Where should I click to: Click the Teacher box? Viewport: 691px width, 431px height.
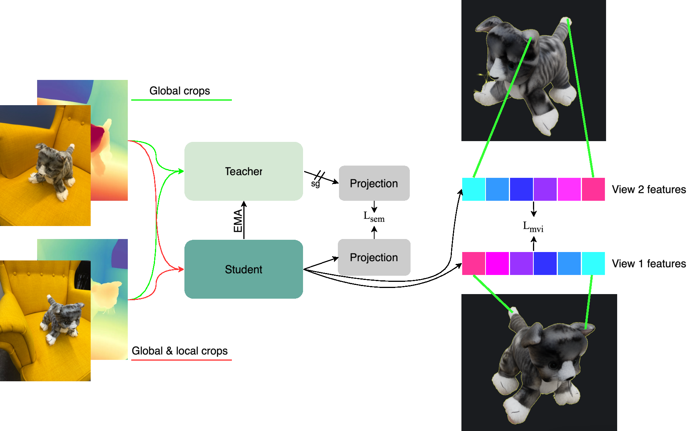pos(244,171)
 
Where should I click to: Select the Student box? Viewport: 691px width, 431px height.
pos(244,269)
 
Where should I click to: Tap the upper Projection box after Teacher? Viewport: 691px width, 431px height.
pos(374,183)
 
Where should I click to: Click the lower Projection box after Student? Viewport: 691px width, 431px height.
pos(374,257)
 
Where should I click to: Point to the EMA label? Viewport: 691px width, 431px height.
pos(238,221)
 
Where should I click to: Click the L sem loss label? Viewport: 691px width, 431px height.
pos(374,217)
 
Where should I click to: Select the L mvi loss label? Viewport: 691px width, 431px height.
pos(533,227)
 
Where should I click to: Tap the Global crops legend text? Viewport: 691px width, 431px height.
pos(179,91)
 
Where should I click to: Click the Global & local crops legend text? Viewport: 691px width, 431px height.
pos(179,351)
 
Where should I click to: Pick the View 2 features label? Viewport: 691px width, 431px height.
pos(649,189)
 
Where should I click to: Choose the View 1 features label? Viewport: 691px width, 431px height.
pos(649,263)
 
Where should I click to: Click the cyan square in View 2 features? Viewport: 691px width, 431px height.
pos(474,189)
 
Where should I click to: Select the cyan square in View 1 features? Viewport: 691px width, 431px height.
pos(593,263)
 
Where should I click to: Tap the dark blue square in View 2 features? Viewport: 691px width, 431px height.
pos(522,189)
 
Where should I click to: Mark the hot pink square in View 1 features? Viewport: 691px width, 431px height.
pos(474,263)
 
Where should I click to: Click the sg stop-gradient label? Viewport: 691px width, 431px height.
pos(315,184)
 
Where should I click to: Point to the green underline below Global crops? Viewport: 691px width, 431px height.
pos(181,100)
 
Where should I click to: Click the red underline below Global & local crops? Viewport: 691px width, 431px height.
pos(181,360)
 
